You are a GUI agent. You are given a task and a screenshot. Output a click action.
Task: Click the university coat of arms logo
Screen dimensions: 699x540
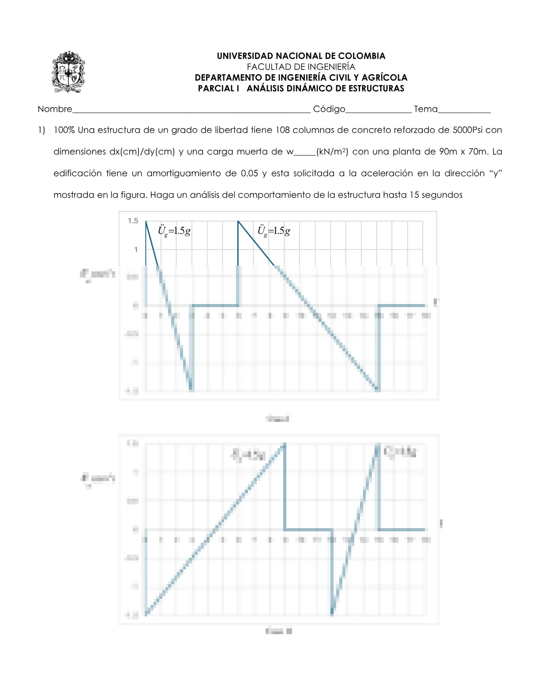(68, 71)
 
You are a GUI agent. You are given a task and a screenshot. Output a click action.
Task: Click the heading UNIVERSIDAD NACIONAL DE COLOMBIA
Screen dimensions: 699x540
(301, 56)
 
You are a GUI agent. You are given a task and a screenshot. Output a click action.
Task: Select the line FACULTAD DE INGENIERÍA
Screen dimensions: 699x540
(301, 67)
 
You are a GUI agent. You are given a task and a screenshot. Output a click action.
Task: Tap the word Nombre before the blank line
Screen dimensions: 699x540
(55, 109)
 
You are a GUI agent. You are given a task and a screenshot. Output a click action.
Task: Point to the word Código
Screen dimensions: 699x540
(329, 109)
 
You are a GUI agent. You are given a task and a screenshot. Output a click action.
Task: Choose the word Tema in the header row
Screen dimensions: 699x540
(426, 109)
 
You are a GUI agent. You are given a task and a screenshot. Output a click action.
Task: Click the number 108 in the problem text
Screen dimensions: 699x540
(283, 130)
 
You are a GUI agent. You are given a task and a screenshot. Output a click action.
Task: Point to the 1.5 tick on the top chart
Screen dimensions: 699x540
(133, 221)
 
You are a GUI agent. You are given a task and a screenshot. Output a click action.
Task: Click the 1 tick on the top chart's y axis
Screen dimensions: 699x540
(136, 249)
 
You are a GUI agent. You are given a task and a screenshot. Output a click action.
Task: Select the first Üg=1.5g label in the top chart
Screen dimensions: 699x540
(174, 231)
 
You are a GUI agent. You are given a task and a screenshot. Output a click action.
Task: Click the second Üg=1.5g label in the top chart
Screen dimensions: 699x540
(274, 231)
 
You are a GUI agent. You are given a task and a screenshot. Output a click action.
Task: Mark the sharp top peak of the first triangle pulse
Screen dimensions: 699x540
(146, 221)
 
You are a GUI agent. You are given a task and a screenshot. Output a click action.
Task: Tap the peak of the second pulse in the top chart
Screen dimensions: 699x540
(238, 221)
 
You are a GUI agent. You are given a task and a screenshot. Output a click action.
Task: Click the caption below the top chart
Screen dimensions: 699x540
(278, 418)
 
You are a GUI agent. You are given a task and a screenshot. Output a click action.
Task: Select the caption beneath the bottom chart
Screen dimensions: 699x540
(278, 631)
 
